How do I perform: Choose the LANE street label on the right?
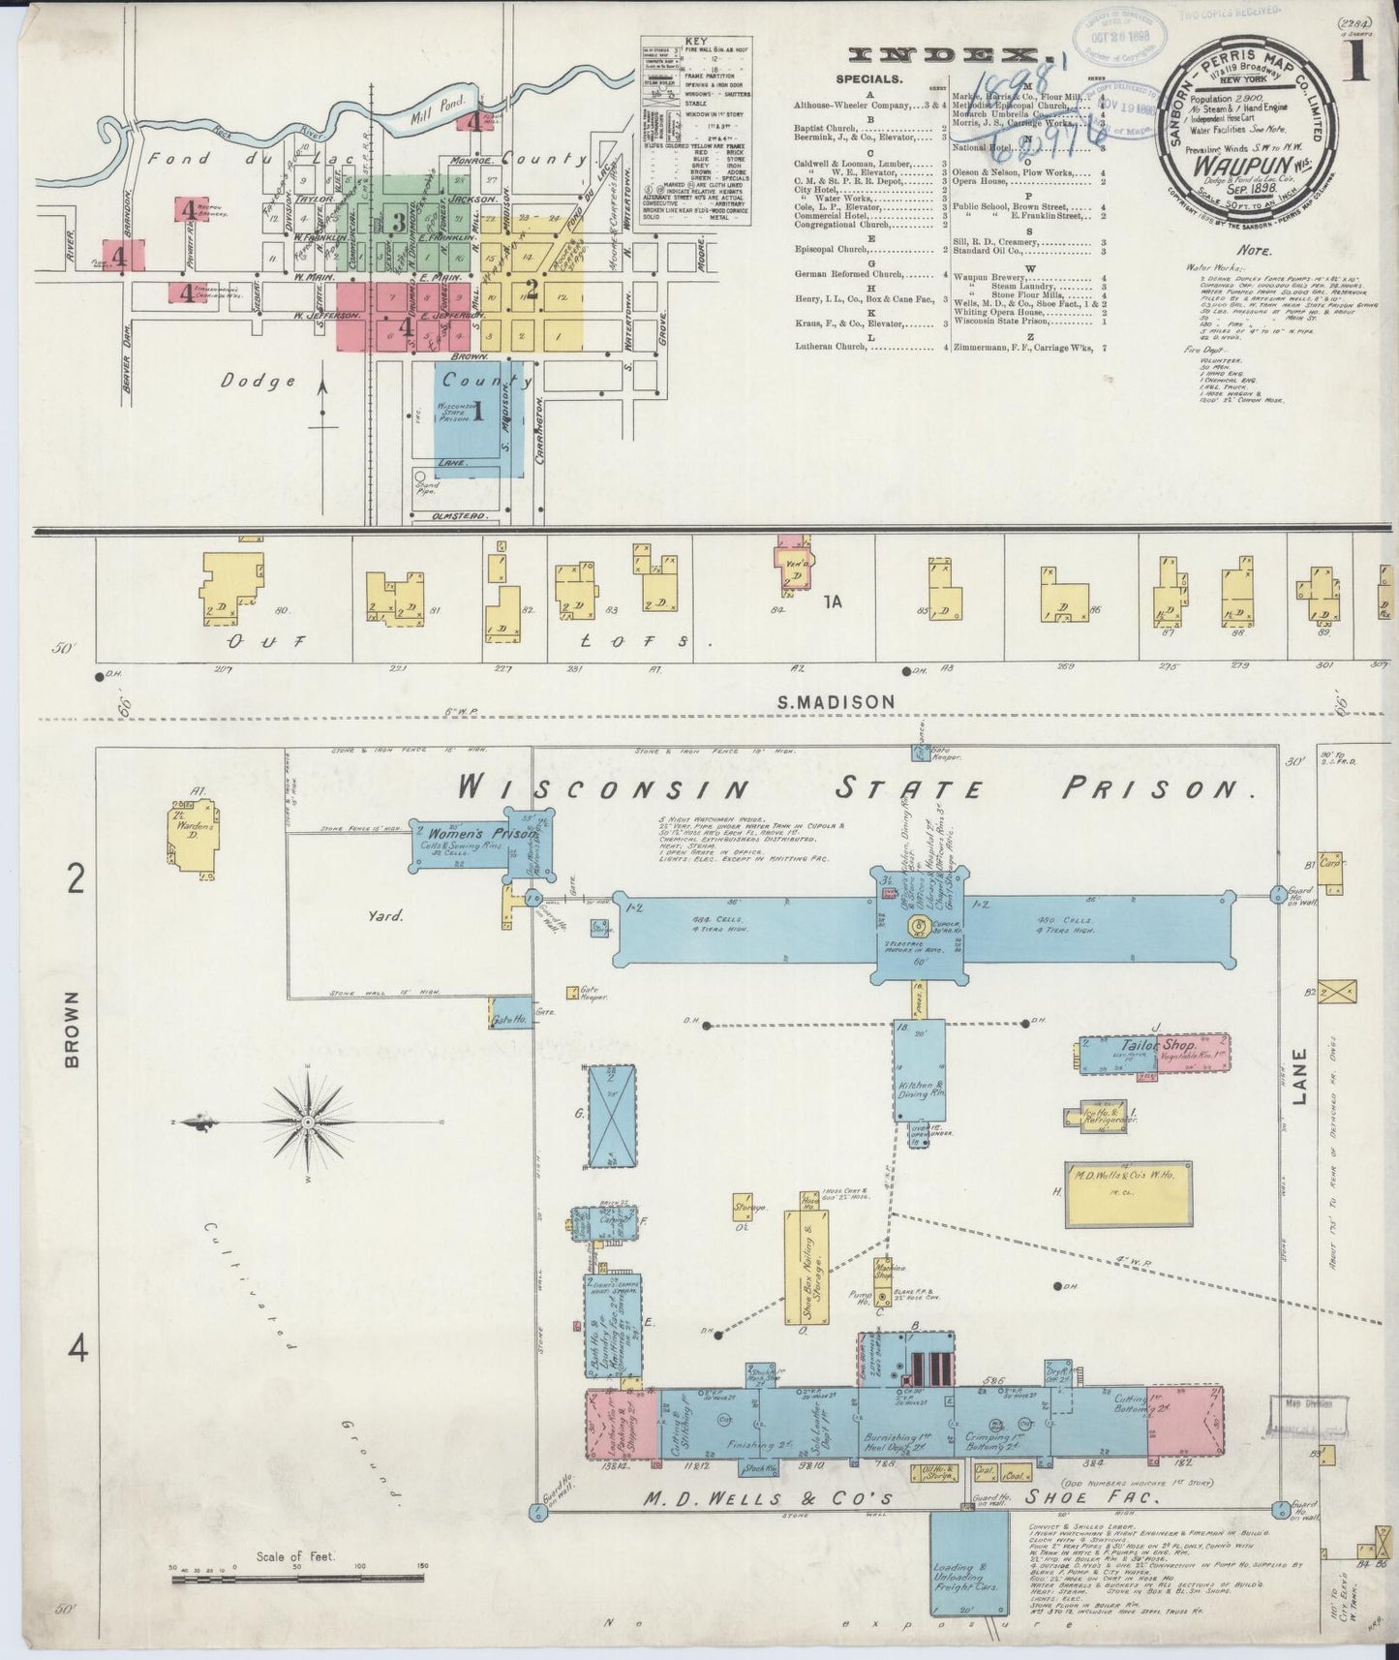coord(1299,1090)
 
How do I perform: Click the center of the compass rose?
coord(308,1122)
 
